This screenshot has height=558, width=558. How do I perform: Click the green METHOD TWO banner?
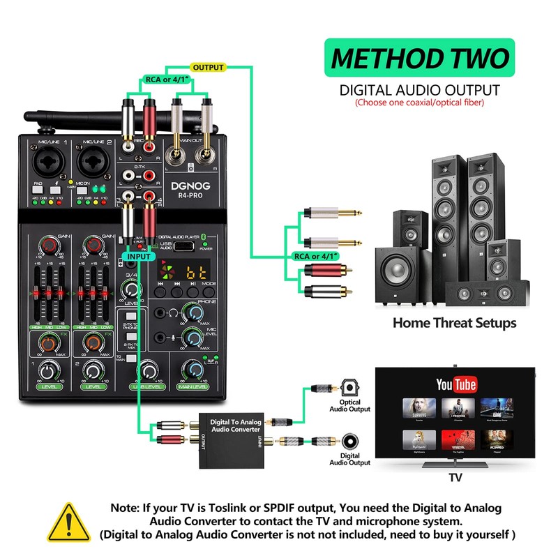[x=420, y=57]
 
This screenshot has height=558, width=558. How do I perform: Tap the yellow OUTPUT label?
[x=209, y=67]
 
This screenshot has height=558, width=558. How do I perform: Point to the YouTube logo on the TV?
[x=455, y=384]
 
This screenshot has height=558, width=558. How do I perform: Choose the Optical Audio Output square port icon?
[x=349, y=386]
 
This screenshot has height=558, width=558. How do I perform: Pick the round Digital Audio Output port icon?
[x=350, y=441]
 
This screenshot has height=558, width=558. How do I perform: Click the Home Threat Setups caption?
[x=454, y=322]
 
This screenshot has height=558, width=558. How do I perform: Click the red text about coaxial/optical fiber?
[x=419, y=103]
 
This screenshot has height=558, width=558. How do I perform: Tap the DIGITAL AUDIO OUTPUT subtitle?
[x=419, y=90]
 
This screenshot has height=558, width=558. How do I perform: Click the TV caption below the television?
[x=455, y=478]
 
